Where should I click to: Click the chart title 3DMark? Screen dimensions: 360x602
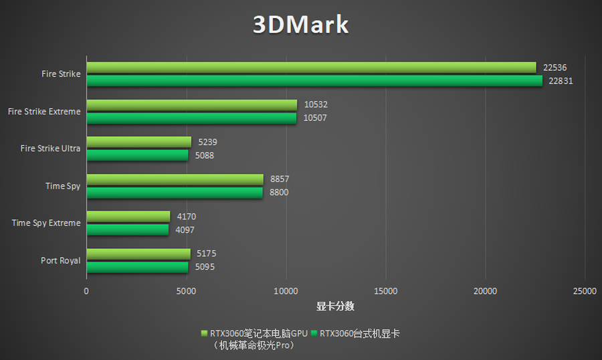click(x=300, y=25)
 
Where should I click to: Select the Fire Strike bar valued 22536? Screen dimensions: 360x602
click(x=311, y=68)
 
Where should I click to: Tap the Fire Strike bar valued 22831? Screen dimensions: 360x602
click(x=314, y=80)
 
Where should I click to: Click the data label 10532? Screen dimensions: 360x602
click(x=315, y=105)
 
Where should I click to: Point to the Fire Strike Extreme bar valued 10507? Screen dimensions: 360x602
click(x=191, y=118)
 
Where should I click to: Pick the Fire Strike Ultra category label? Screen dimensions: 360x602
click(x=50, y=149)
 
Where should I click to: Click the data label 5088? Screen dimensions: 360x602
click(x=205, y=155)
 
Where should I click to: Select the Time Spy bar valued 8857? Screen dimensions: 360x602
click(x=175, y=179)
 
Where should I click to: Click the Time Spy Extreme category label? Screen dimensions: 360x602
click(x=46, y=223)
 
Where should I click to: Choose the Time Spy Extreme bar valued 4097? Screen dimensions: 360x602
click(x=127, y=230)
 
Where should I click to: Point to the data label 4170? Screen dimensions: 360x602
click(x=186, y=217)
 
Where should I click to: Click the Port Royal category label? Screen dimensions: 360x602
click(x=60, y=260)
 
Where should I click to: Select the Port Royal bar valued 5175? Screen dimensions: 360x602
click(x=138, y=254)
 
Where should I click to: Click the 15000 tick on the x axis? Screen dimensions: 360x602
click(x=386, y=291)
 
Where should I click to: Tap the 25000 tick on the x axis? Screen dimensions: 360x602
click(x=585, y=291)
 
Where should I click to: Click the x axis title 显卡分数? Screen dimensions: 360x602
click(x=335, y=306)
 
